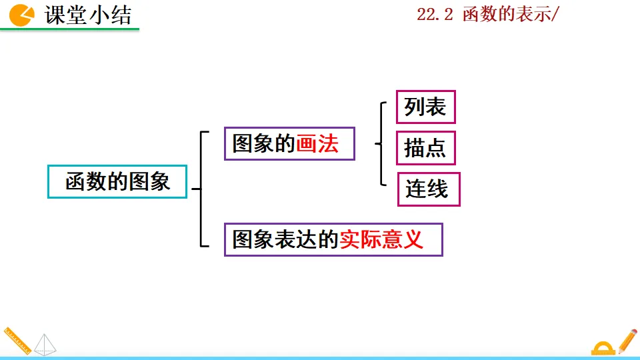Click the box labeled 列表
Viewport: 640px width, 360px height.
coord(425,107)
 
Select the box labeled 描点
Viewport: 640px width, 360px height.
coord(425,148)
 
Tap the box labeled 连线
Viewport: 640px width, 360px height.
coord(428,189)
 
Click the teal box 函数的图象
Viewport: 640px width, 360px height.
coord(117,181)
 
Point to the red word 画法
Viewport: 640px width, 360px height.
coord(317,144)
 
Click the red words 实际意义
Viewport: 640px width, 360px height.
coord(381,239)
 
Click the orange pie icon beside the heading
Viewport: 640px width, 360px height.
coord(22,14)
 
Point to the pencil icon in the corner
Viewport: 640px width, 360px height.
coord(627,340)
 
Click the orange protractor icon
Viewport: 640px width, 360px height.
coord(603,348)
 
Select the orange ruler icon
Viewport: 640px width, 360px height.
coord(16,340)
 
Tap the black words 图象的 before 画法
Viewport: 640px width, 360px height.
coord(263,144)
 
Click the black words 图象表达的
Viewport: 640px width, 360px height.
coord(285,239)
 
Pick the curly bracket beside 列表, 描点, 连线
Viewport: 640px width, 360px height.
coord(381,143)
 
